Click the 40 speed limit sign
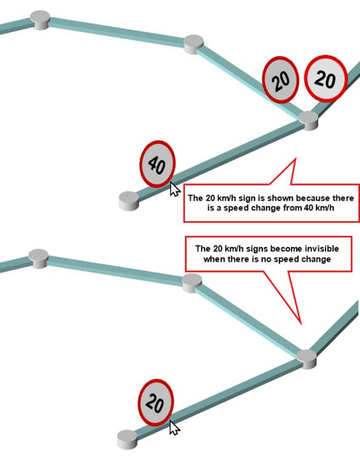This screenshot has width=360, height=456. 157,164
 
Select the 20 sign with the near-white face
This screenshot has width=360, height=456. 326,79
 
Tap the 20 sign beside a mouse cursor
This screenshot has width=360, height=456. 155,403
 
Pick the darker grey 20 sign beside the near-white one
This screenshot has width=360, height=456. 281,80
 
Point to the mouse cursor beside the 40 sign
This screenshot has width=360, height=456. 174,189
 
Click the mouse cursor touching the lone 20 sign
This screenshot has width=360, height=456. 174,428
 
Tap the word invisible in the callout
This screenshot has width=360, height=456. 322,249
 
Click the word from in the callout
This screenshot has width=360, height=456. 292,208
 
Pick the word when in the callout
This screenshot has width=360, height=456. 213,259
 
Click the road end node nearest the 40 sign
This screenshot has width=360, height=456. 129,201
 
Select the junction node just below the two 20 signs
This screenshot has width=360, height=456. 308,120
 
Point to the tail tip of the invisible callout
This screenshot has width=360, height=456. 301,324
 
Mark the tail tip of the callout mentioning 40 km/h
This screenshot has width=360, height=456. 295,159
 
